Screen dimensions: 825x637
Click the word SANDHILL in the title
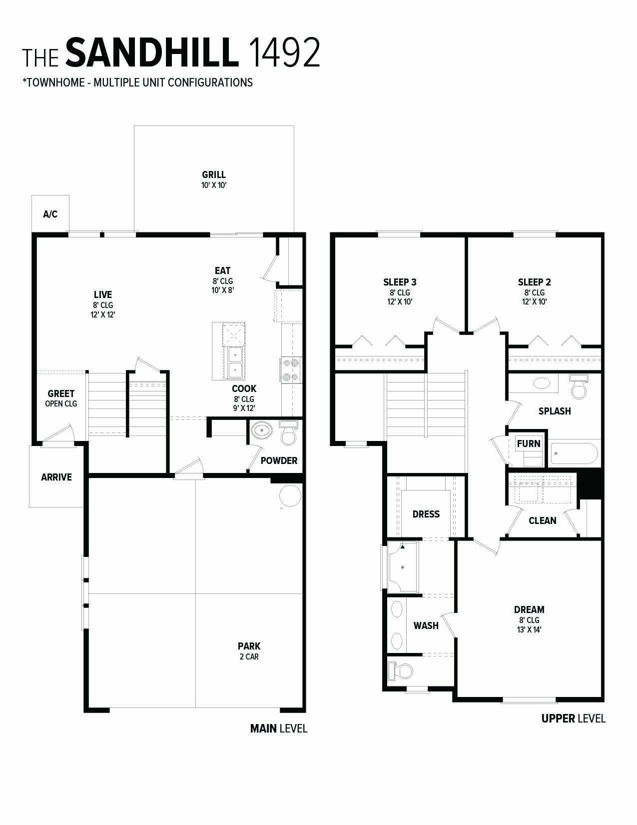tap(152, 52)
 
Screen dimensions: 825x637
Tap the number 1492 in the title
tap(283, 52)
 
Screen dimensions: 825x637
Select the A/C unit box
tap(50, 214)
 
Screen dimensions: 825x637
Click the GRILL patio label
tap(214, 175)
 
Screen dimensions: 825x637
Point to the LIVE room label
tap(103, 295)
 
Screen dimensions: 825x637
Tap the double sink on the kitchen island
tap(234, 362)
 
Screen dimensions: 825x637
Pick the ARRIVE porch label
tap(56, 477)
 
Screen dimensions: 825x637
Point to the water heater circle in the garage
tap(290, 496)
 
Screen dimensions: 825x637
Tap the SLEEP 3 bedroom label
tap(400, 282)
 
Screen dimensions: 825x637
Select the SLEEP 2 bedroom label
tap(534, 282)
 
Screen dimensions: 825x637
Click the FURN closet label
tap(529, 443)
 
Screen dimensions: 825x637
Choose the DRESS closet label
tap(426, 514)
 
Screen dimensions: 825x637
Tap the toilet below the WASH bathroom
tap(401, 670)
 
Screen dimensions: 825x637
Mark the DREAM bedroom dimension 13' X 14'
tap(529, 630)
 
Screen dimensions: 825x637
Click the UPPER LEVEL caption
tap(573, 719)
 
